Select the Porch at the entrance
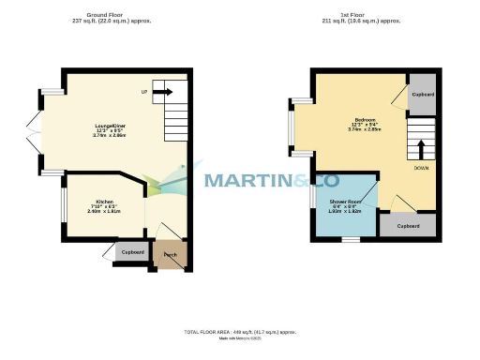(170, 255)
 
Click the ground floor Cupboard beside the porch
(132, 252)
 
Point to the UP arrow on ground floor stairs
(161, 93)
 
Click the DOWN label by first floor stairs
(422, 169)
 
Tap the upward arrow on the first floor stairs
(421, 148)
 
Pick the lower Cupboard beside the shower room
(408, 226)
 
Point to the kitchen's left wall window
(63, 202)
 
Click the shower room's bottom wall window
(349, 238)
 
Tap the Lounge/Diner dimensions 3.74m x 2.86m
(109, 136)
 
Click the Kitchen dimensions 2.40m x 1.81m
(104, 212)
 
